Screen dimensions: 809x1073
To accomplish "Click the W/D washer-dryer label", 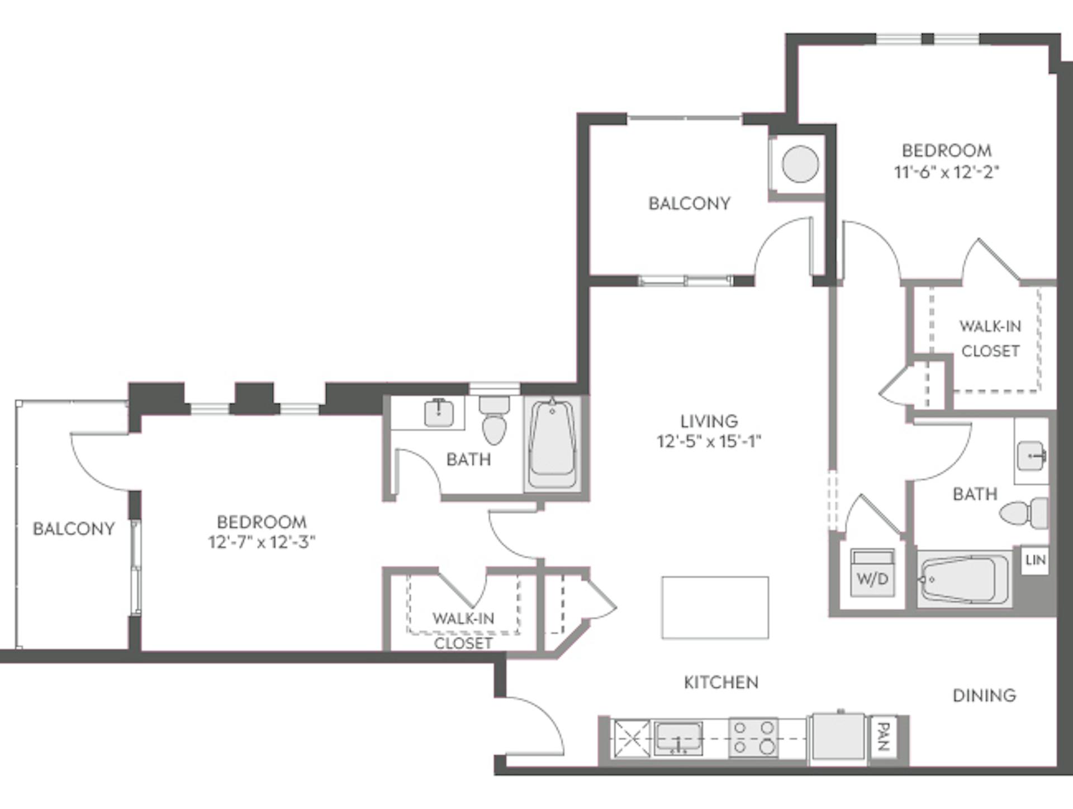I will point(872,579).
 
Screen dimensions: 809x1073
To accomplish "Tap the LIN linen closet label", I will point(1035,560).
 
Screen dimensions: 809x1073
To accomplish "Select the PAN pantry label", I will point(883,737).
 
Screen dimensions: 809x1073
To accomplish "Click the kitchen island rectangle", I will point(715,608).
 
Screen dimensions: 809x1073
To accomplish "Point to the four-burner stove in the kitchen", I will point(753,737).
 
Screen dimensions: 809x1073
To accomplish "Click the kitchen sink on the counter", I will point(678,737).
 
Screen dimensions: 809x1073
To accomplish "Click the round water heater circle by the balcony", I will point(800,164).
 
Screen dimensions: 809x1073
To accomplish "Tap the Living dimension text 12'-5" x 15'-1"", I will point(709,442).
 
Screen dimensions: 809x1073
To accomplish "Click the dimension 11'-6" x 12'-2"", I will point(946,172).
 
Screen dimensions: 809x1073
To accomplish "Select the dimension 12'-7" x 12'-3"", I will point(262,542).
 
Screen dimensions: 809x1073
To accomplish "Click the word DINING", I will point(984,696).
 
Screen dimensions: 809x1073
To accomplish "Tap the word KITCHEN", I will point(721,682).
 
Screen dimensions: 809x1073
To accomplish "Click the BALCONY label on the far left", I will point(74,529).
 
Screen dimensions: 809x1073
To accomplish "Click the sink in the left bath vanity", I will point(439,413).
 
